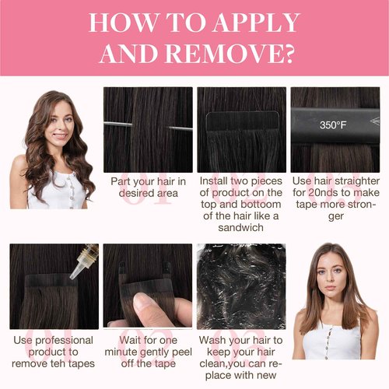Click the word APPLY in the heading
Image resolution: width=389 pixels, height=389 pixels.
[257, 23]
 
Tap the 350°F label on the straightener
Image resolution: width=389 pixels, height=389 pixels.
[333, 125]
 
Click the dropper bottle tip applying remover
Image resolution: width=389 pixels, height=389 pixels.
[72, 276]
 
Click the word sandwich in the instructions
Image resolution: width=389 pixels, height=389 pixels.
[240, 227]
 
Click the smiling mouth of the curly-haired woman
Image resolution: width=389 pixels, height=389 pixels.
[60, 135]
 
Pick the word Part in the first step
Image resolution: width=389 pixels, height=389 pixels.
[120, 181]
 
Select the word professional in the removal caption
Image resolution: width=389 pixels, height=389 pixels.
[64, 341]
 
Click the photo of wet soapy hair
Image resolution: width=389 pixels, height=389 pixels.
[241, 286]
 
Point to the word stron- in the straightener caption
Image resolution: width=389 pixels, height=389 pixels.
[361, 204]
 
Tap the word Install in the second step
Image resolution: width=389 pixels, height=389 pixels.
[212, 181]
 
